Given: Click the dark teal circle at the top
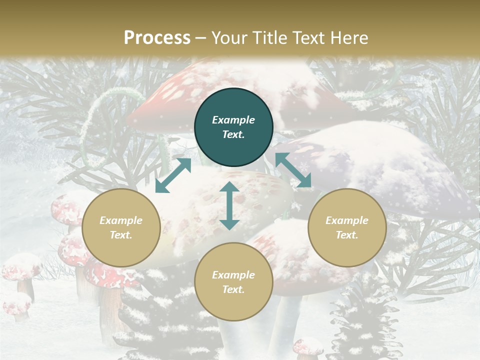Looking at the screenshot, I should pos(233,127).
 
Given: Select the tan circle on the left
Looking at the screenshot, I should pos(121,227).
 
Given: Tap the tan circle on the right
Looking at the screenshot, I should pos(347,227).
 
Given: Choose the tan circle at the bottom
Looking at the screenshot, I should pos(233,281).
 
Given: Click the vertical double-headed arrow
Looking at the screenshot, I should pos(229,205).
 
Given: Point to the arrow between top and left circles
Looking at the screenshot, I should pos(173,175).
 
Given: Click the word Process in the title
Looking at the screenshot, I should pos(157,37).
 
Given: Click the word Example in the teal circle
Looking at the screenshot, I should pos(233,120).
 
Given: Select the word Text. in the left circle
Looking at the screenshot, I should pos(121,235).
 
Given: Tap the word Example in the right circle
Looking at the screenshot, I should pos(347,220).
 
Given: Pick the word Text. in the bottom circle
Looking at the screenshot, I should pos(233,289).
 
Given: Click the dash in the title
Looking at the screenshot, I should pos(201,38).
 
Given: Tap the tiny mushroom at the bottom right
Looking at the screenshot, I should pos(307,347).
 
